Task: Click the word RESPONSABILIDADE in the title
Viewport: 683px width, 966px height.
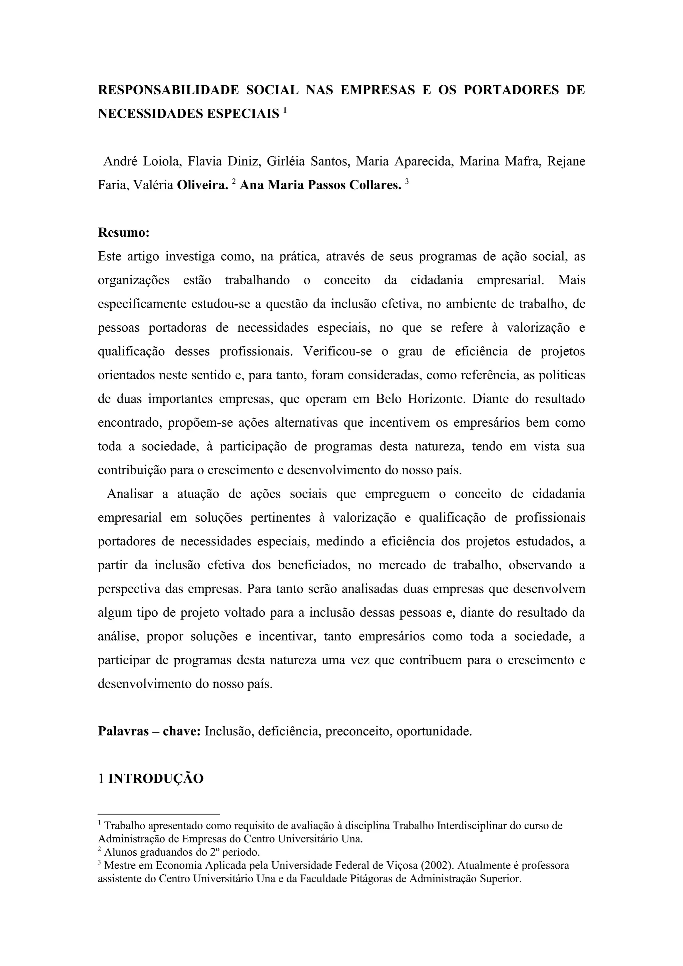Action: click(x=168, y=90)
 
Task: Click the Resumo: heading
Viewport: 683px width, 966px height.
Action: click(x=124, y=233)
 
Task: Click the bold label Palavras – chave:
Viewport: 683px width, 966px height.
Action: click(x=149, y=732)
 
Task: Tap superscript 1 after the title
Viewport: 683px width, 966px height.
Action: click(x=285, y=111)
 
